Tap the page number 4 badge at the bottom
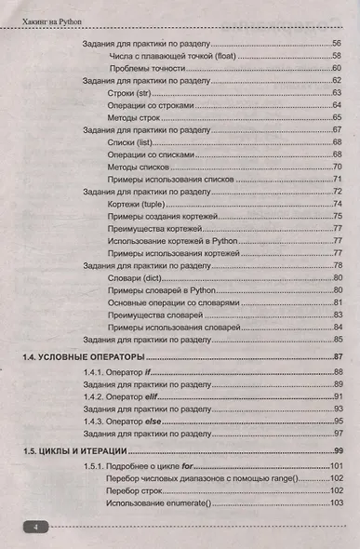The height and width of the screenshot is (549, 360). pyautogui.click(x=34, y=528)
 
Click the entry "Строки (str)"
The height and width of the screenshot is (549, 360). pyautogui.click(x=133, y=93)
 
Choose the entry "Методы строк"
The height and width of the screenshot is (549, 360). pyautogui.click(x=136, y=117)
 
